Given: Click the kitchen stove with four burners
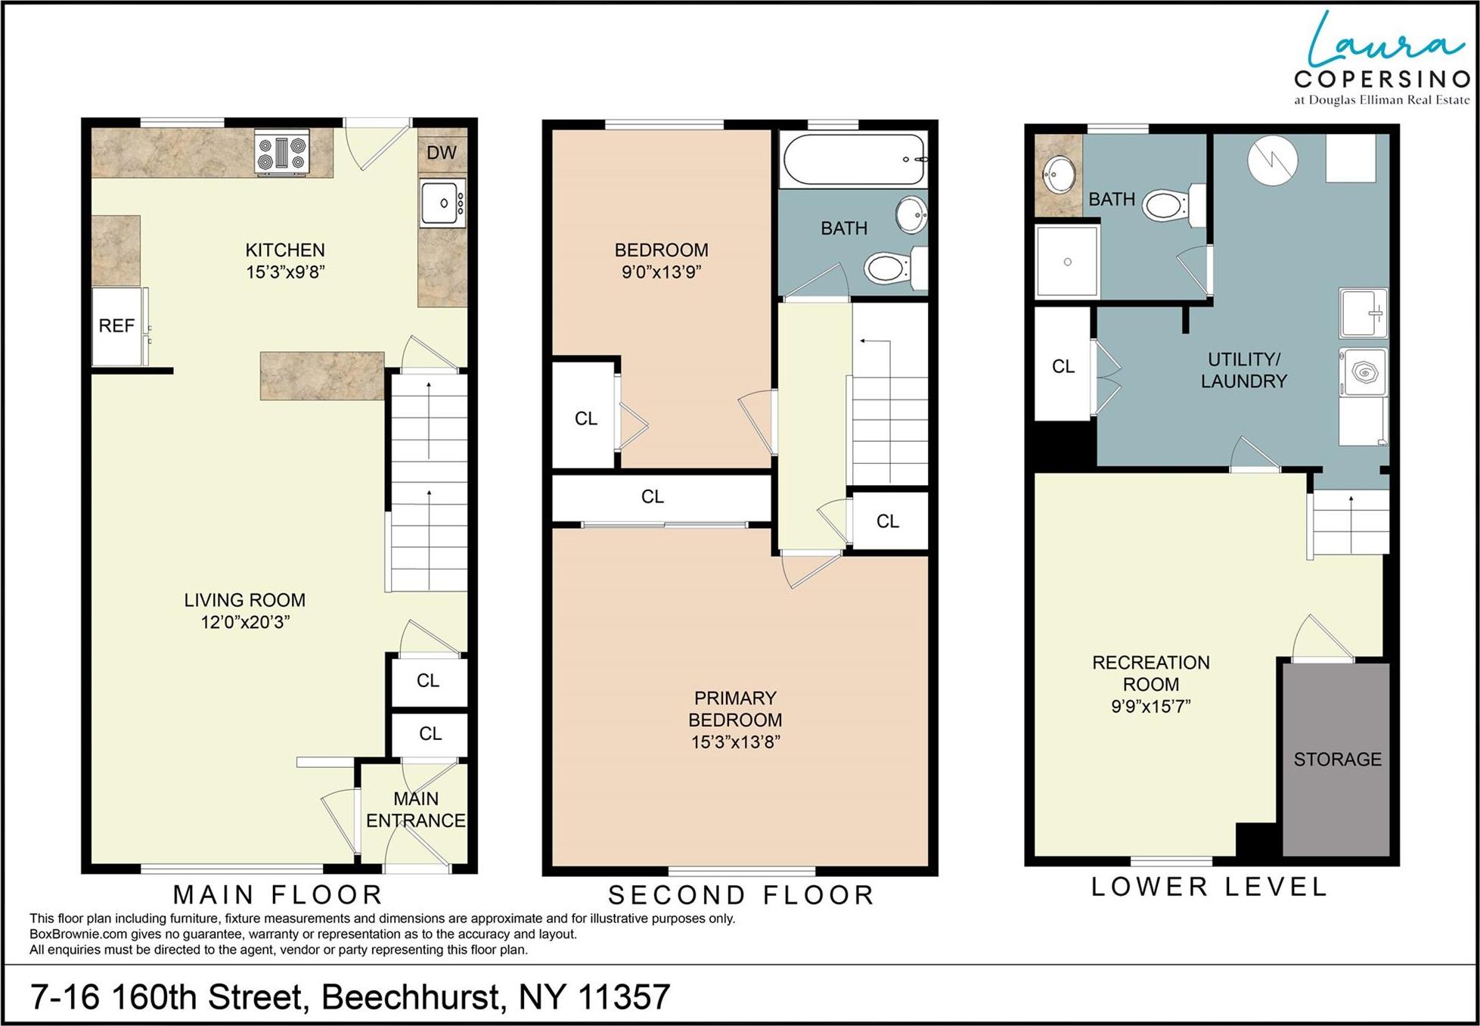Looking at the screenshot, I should click(281, 152).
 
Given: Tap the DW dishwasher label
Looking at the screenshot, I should click(442, 153).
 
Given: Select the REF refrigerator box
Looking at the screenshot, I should click(117, 326).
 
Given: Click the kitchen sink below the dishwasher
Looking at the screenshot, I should click(442, 203).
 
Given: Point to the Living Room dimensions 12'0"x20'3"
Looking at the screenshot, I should click(245, 623).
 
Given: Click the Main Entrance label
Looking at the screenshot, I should click(415, 810).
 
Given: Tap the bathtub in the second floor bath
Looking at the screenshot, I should click(854, 159).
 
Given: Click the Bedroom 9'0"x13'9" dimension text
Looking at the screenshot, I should click(661, 272).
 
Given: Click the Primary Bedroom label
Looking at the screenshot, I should click(735, 709).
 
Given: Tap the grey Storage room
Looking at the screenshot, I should click(1336, 759).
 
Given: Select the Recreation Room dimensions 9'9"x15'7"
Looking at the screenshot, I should click(1150, 707).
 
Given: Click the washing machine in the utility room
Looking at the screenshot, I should click(1364, 372).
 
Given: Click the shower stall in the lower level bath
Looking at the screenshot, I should click(1066, 262).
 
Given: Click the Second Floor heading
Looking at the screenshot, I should click(741, 895).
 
